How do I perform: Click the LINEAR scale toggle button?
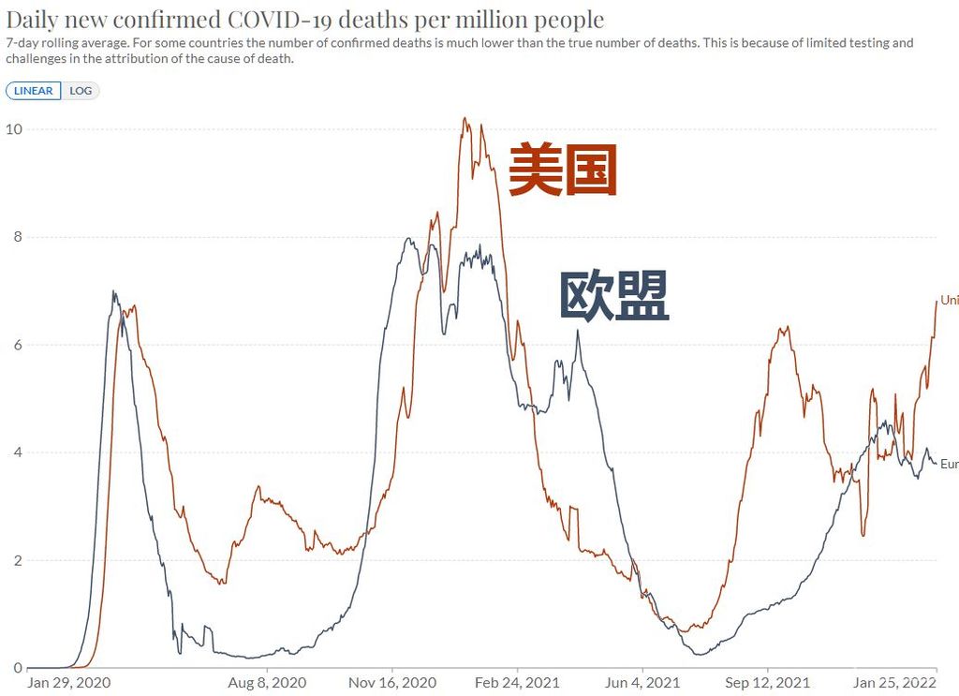pos(34,91)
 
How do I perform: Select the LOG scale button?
pos(81,91)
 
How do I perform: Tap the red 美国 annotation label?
pos(563,170)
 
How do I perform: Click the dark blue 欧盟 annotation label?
pos(613,296)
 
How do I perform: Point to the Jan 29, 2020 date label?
pos(68,683)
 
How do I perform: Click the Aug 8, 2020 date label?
pos(268,683)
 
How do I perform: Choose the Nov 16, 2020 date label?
pos(392,683)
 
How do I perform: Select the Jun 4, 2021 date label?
pos(642,683)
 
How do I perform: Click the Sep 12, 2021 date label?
pos(767,683)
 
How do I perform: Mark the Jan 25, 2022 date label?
pos(894,683)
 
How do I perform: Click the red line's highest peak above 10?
pos(465,119)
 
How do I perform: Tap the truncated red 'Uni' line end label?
pos(949,301)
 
